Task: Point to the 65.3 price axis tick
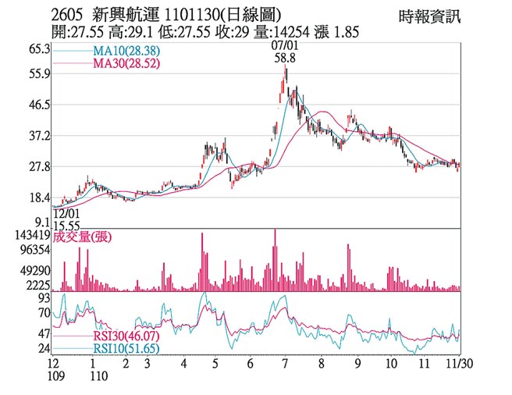pos(39,49)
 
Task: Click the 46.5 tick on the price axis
pos(39,105)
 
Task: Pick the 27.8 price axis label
pos(39,167)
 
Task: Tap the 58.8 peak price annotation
pos(284,58)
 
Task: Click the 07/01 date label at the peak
pos(284,46)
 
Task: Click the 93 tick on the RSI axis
pos(44,298)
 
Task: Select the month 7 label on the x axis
pos(284,364)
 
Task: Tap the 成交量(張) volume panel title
pos(87,237)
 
